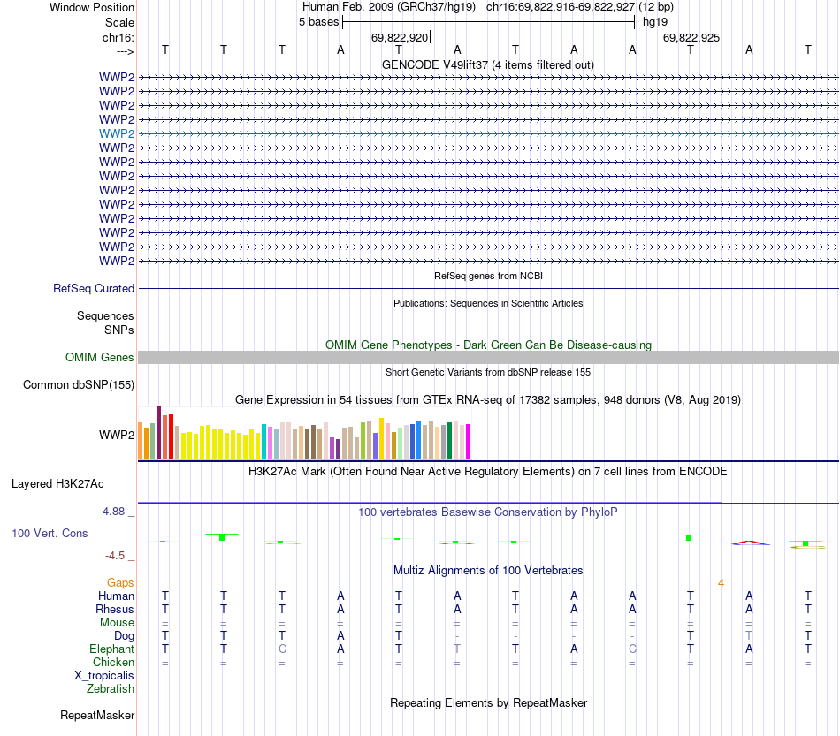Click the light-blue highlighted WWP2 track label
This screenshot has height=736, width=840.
click(x=117, y=133)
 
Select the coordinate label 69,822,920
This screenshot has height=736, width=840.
click(x=400, y=37)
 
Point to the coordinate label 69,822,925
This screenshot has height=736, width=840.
click(x=691, y=37)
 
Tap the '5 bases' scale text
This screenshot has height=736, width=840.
click(x=318, y=22)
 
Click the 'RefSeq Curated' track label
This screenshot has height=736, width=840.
click(x=94, y=288)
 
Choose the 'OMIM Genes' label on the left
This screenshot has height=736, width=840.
click(x=99, y=358)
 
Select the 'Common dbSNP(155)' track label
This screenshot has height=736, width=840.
click(x=79, y=384)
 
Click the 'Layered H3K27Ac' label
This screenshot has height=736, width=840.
click(x=57, y=483)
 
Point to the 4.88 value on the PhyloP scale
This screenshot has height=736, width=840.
click(x=117, y=512)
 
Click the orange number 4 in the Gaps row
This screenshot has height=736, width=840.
click(x=722, y=583)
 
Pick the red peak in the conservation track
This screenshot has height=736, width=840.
click(x=749, y=542)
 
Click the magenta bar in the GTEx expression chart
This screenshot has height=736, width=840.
click(x=469, y=441)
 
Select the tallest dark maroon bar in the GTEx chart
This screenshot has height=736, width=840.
click(x=158, y=433)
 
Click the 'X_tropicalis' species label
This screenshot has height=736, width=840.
click(x=104, y=675)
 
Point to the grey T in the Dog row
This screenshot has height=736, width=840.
click(x=749, y=636)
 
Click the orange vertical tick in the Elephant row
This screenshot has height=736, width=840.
click(x=722, y=648)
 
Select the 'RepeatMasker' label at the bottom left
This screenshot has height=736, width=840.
click(x=97, y=715)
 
